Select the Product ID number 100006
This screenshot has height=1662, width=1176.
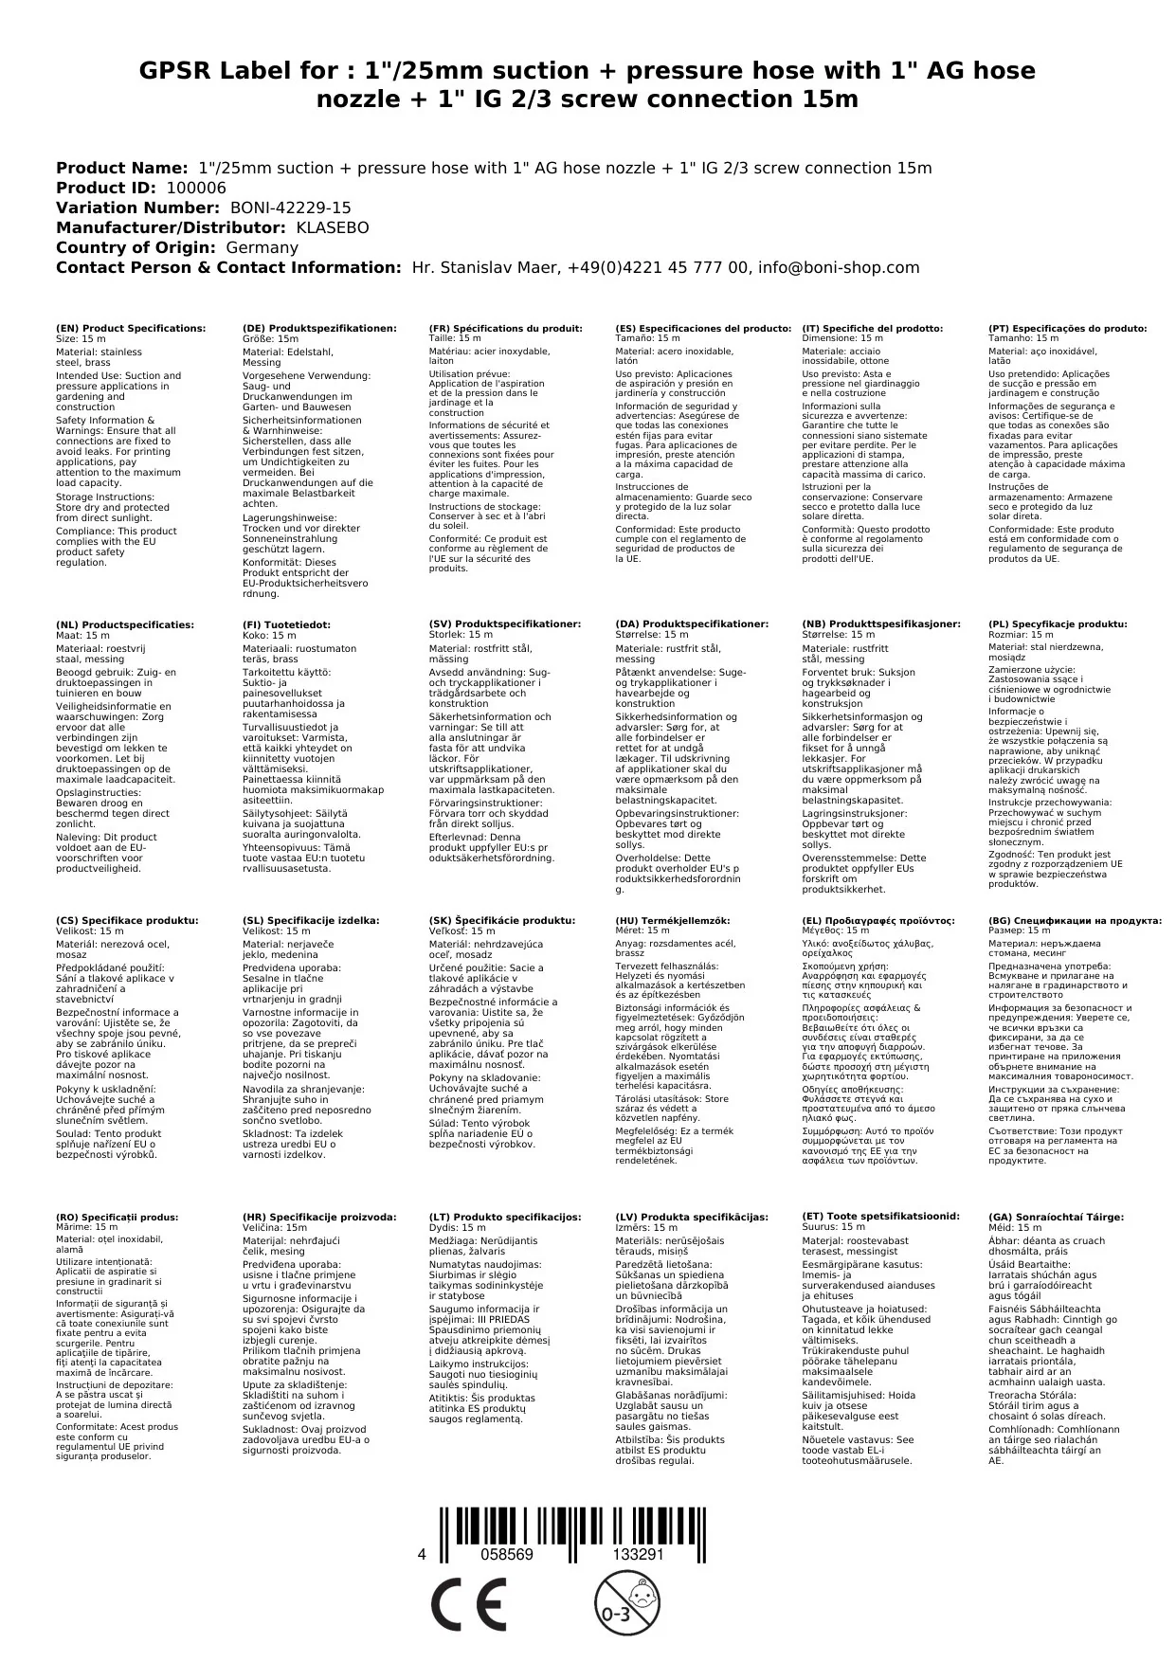[x=196, y=188]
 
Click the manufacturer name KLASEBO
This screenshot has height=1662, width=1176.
[x=333, y=227]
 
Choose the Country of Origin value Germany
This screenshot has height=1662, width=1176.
[x=262, y=247]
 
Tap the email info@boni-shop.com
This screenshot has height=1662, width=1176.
[x=839, y=267]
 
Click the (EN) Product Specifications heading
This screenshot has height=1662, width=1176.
[x=131, y=328]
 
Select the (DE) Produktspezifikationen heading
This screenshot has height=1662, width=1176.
[x=319, y=328]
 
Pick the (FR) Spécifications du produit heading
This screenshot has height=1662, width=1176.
[x=505, y=328]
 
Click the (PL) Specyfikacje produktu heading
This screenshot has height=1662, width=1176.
[x=1058, y=624]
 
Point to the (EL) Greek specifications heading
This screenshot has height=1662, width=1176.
[x=878, y=920]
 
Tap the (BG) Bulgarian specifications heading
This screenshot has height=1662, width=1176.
[x=1075, y=920]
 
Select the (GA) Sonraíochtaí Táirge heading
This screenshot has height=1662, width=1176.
[x=1056, y=1217]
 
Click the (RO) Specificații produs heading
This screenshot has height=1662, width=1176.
[x=117, y=1217]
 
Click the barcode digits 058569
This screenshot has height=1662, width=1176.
[x=507, y=1555]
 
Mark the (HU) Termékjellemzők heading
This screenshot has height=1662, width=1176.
[x=673, y=920]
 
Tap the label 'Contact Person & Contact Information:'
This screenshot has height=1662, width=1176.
[x=229, y=267]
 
